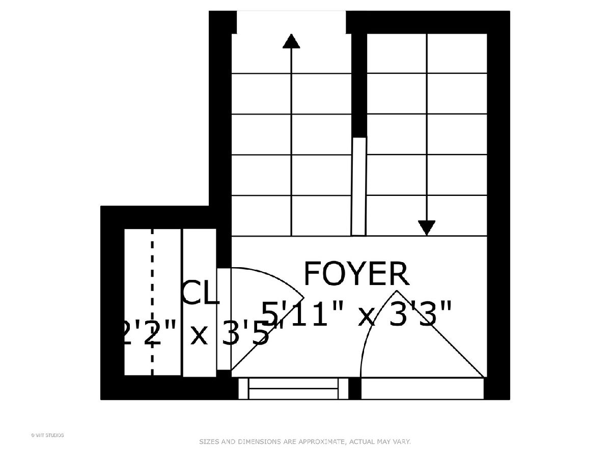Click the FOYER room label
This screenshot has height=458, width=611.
[x=356, y=274]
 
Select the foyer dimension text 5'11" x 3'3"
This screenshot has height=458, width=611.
[x=356, y=314]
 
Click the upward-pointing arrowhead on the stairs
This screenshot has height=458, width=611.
[x=291, y=41]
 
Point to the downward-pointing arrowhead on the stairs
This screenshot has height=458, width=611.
[x=426, y=227]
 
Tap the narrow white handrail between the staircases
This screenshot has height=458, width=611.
[x=358, y=186]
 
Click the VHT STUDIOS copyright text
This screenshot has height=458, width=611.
[x=47, y=435]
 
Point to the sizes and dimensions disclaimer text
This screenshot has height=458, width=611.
[x=304, y=442]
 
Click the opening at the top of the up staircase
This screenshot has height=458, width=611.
[x=291, y=21]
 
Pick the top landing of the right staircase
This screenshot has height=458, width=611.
[x=427, y=53]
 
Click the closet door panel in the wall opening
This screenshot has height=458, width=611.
[x=224, y=319]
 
